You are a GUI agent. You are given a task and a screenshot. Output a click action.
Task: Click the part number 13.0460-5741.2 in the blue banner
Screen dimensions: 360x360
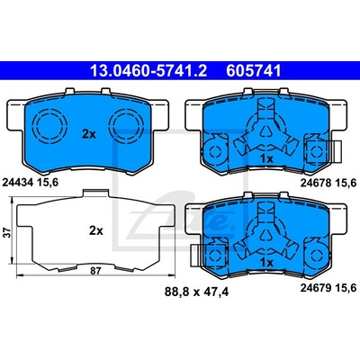coord(148,71)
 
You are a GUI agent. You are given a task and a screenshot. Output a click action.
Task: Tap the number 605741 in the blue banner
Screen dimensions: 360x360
coord(254,71)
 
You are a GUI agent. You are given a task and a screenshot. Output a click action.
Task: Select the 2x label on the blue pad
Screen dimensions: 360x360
coord(89,134)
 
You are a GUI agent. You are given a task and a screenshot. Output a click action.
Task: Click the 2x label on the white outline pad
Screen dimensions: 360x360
coord(96,230)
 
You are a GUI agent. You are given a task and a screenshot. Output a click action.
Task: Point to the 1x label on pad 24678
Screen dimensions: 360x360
coord(266,159)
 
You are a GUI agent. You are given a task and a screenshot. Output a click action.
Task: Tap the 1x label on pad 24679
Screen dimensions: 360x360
coord(266,263)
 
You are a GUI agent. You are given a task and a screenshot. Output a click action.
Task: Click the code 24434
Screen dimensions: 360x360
coord(17,182)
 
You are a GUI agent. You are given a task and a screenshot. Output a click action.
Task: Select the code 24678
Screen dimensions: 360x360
coord(316,182)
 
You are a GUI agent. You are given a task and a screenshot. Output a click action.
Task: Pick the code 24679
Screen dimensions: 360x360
coord(316,288)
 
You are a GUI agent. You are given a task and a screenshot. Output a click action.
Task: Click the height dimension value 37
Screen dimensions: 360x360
coord(8,232)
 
